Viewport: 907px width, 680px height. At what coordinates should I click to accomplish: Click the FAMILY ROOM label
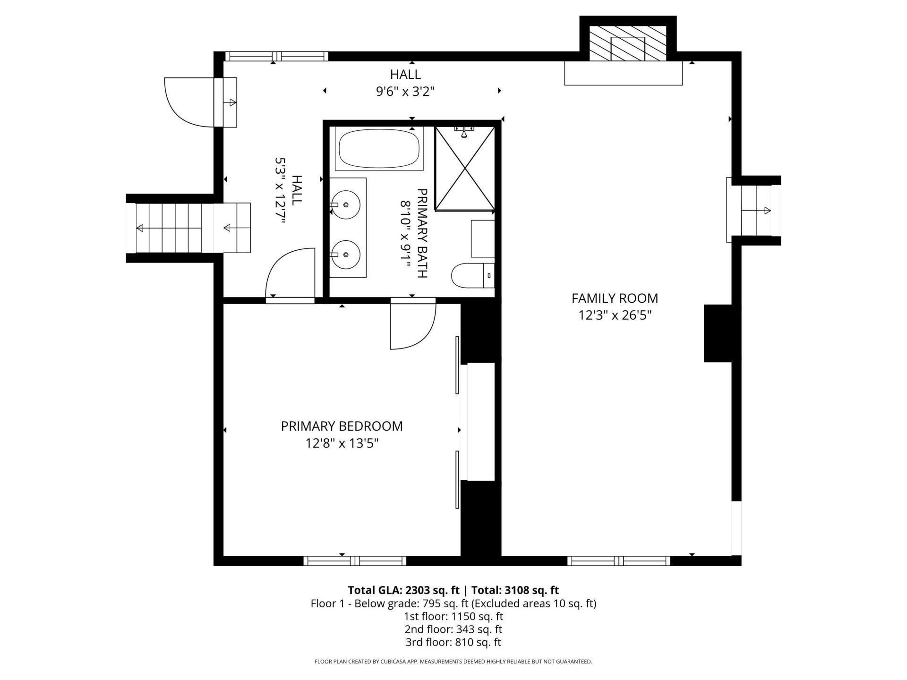tap(615, 298)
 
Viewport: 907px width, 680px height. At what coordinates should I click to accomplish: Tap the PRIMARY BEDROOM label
tap(342, 426)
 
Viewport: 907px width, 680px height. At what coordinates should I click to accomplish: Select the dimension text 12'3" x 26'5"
tap(615, 315)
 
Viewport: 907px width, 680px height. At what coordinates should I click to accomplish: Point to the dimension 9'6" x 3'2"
tap(405, 91)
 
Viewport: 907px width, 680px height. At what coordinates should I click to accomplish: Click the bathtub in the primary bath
tap(379, 149)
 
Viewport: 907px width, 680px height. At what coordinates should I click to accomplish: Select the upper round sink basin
tap(345, 205)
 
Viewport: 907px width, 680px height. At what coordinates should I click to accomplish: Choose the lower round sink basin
tap(345, 255)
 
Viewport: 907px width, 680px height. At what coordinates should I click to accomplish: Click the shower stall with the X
tap(465, 168)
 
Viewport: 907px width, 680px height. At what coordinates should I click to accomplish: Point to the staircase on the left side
tap(189, 229)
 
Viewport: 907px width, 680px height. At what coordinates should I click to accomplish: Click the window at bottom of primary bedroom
tap(355, 561)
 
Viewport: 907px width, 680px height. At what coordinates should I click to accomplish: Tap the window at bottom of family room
tap(618, 561)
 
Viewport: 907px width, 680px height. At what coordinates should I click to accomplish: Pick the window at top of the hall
tap(276, 56)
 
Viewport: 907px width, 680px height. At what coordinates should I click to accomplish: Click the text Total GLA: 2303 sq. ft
tap(403, 590)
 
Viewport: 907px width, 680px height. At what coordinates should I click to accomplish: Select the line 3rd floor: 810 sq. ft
tap(453, 642)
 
